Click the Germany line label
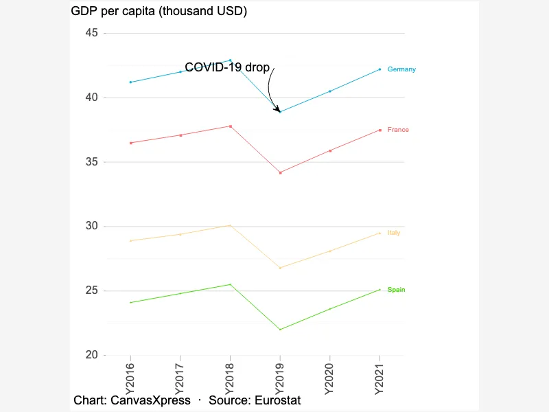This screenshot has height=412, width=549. coord(401,69)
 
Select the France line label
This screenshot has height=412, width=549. coord(398,130)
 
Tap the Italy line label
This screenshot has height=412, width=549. coord(393,233)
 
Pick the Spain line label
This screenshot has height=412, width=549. coord(396,290)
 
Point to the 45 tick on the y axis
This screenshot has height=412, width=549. coord(91,33)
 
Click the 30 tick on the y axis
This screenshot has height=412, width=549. coord(91,226)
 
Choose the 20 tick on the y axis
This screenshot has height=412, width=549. coord(91,355)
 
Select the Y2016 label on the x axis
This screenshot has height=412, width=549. coord(130,379)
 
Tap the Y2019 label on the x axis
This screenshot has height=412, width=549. coord(279,379)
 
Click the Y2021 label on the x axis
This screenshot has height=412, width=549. coord(379,379)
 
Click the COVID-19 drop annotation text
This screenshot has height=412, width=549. coord(227,67)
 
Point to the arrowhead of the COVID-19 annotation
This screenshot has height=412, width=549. coord(279,111)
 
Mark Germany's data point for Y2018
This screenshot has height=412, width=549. coord(230,60)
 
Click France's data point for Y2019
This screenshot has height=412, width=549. coord(280,173)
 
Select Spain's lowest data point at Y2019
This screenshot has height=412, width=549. coord(280,330)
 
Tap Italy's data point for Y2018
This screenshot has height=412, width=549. coord(230,225)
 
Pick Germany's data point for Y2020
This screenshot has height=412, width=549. coord(330,91)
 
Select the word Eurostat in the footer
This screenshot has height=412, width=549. coord(278,400)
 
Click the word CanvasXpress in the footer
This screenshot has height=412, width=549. coord(150,400)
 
